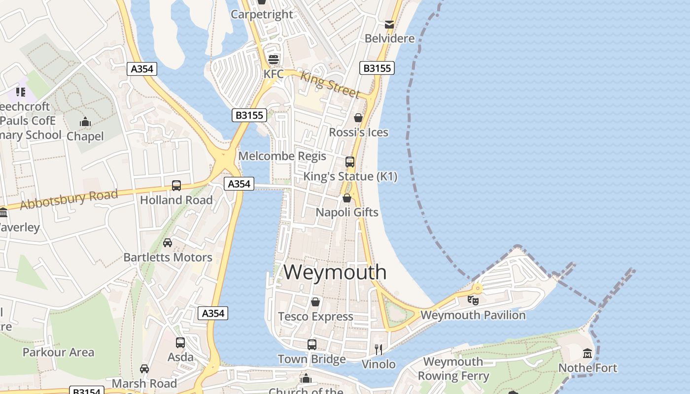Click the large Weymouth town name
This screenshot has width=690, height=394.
click(335, 272)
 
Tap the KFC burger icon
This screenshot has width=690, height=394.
click(274, 60)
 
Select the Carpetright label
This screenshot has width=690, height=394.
click(262, 14)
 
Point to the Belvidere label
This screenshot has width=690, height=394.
click(389, 38)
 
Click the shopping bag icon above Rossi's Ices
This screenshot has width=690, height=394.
click(358, 118)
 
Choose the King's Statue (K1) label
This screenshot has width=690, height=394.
click(350, 176)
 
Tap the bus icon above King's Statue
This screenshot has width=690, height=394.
click(350, 162)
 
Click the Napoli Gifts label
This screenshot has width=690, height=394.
click(347, 212)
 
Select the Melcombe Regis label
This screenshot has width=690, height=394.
click(282, 156)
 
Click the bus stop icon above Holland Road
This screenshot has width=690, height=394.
click(176, 186)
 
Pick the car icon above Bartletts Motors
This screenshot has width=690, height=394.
click(168, 243)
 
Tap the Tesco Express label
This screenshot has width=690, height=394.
click(315, 316)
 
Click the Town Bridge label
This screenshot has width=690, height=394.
click(311, 359)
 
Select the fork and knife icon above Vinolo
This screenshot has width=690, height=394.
click(379, 350)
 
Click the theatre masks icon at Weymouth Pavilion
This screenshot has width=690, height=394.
click(473, 299)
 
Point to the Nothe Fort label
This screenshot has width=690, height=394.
click(587, 368)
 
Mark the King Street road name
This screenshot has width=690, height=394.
click(330, 84)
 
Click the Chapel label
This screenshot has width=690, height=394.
click(85, 136)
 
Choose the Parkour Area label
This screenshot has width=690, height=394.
click(58, 352)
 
